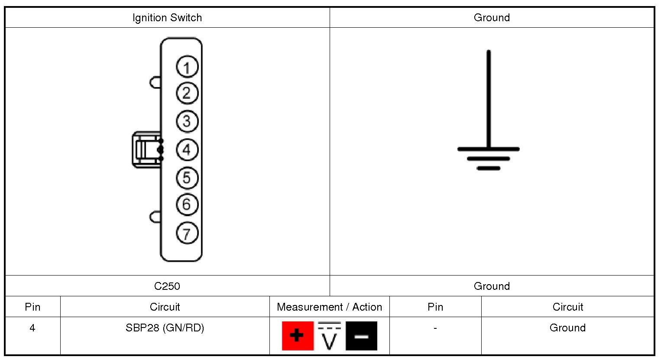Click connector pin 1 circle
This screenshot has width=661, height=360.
click(187, 67)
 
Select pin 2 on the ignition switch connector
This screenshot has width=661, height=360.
click(187, 93)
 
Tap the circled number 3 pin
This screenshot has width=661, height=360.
click(187, 121)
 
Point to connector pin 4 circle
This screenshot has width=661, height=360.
click(187, 150)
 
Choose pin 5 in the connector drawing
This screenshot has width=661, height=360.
click(187, 178)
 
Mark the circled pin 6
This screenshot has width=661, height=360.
click(187, 204)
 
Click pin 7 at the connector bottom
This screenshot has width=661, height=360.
click(187, 234)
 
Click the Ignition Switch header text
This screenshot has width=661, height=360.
click(167, 18)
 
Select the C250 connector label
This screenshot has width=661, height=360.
click(167, 286)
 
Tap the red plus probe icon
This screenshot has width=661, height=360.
click(298, 336)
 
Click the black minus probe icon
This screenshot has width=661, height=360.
click(361, 336)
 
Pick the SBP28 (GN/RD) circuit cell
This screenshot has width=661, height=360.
click(165, 328)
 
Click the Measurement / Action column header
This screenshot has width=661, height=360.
click(329, 307)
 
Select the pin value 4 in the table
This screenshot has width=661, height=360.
click(32, 328)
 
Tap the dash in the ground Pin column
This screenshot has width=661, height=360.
click(435, 328)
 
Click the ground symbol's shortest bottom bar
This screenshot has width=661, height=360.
click(489, 168)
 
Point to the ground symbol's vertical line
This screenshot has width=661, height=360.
click(489, 100)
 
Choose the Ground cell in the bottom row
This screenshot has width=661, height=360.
click(567, 328)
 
